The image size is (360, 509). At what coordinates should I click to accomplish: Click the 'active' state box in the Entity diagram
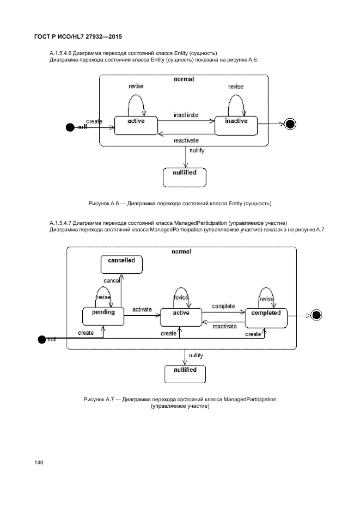pos(136,124)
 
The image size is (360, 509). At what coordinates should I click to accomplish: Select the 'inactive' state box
pos(236,124)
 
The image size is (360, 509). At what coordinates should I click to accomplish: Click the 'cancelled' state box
pos(121,264)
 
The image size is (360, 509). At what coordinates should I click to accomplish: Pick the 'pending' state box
pos(103,316)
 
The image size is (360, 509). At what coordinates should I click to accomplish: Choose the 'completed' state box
pos(266,316)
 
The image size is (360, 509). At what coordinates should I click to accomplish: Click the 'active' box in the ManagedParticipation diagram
pos(181,316)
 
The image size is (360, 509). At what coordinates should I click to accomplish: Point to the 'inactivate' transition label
pos(186,115)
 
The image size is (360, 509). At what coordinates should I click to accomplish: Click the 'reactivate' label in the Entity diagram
pos(186,140)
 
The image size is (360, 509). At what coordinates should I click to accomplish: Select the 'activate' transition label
pos(142,309)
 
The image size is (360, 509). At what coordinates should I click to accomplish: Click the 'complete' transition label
pos(223,306)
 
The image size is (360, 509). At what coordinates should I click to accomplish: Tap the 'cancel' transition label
pos(112,280)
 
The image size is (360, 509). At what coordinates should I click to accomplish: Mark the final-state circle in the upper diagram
pos(290,124)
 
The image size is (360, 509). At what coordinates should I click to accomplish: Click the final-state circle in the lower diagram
pos(316,315)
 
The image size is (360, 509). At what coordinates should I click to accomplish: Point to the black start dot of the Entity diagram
pos(69,127)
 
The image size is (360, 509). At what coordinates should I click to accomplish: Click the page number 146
pos(39,462)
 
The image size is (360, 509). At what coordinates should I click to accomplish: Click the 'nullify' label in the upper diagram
pos(197,150)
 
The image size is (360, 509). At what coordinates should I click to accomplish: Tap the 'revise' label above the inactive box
pos(236,87)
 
